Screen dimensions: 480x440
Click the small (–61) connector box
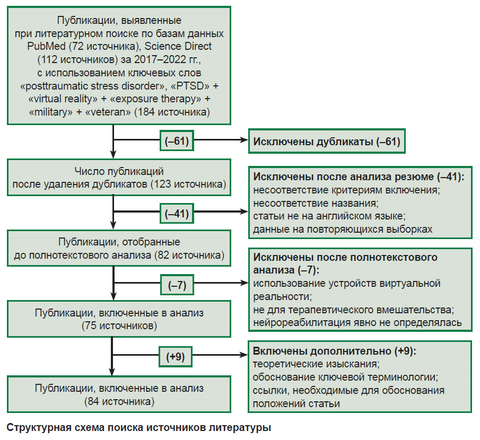(x=177, y=141)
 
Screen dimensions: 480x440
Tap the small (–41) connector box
(x=177, y=213)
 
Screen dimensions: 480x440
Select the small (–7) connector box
(x=177, y=285)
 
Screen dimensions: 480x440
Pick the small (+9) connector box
(x=176, y=357)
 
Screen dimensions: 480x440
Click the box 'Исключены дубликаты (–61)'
(x=327, y=141)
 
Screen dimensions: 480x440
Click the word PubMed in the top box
(x=46, y=46)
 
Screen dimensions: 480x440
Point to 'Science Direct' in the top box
(x=178, y=46)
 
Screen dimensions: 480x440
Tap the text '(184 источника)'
(x=172, y=112)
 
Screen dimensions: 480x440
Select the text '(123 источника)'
(x=188, y=184)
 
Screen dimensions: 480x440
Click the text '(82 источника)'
(x=189, y=255)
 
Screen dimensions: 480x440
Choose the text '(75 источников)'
(x=119, y=325)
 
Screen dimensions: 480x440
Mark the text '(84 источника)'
(x=119, y=401)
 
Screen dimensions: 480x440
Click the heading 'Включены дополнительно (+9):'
(x=334, y=351)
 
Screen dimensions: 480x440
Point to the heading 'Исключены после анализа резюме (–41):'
(x=359, y=177)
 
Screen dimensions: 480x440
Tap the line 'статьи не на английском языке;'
(x=329, y=216)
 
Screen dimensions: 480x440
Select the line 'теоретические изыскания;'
(x=316, y=364)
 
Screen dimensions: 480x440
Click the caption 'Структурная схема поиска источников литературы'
(x=138, y=427)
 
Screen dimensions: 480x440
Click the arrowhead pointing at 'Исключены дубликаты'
(x=245, y=140)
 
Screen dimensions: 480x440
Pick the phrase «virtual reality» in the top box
(x=63, y=99)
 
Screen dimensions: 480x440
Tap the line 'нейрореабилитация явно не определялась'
(x=357, y=323)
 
